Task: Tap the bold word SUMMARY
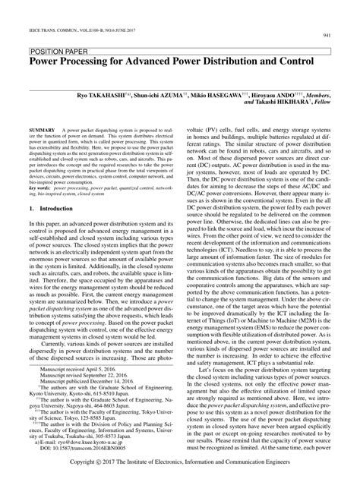click(x=45, y=130)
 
